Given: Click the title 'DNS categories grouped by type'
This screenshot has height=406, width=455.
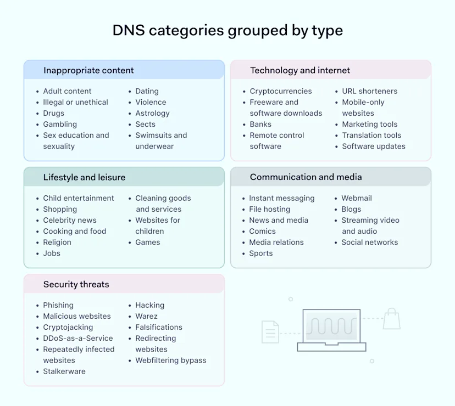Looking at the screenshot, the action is click(x=227, y=30).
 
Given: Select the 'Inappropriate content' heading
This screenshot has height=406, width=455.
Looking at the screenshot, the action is click(x=88, y=70).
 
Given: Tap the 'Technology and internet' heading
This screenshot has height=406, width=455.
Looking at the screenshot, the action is click(x=300, y=70).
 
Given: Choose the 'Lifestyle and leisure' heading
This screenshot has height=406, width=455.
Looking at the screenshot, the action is click(x=84, y=177).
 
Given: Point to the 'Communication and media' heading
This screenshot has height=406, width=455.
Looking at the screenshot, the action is click(x=306, y=177).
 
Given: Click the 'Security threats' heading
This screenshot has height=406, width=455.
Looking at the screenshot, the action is click(x=76, y=284).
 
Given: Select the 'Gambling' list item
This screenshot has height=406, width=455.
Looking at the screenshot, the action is click(x=60, y=125).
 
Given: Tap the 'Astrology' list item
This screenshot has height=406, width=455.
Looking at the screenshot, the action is click(x=152, y=114).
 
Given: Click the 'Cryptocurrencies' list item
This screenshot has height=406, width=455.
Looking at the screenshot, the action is click(x=280, y=92).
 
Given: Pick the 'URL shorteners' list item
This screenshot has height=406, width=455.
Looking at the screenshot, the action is click(x=369, y=92).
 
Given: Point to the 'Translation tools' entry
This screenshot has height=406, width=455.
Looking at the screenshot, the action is click(x=371, y=136).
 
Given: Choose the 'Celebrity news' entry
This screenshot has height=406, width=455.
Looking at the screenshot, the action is click(x=70, y=221).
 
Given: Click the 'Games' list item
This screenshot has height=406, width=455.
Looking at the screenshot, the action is click(x=148, y=243).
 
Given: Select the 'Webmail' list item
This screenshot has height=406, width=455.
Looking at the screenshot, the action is click(x=357, y=199).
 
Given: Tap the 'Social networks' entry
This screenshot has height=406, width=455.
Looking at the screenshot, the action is click(x=369, y=243).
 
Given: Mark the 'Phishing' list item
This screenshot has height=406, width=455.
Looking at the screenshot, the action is click(x=58, y=306).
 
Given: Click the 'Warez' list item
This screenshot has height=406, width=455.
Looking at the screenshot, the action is click(x=146, y=317).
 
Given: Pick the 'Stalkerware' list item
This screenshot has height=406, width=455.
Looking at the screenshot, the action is click(x=64, y=371).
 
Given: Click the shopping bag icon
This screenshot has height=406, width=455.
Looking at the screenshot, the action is click(x=391, y=319).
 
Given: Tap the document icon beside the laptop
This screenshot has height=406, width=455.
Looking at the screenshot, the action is click(x=270, y=332).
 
